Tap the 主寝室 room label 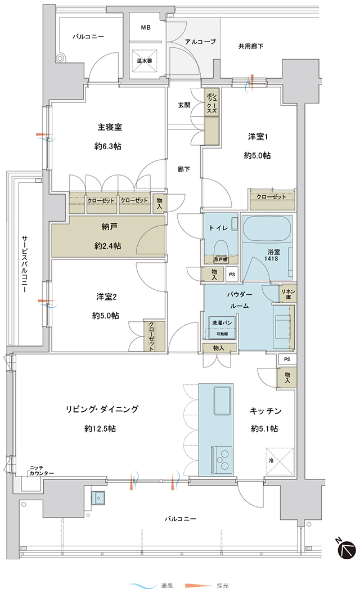point(110,127)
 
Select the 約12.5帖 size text point(100,428)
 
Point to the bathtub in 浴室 point(267,228)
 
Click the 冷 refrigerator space point(280,461)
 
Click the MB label point(146,28)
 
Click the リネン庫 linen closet point(288,294)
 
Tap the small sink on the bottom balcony point(98,497)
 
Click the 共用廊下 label point(251,47)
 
